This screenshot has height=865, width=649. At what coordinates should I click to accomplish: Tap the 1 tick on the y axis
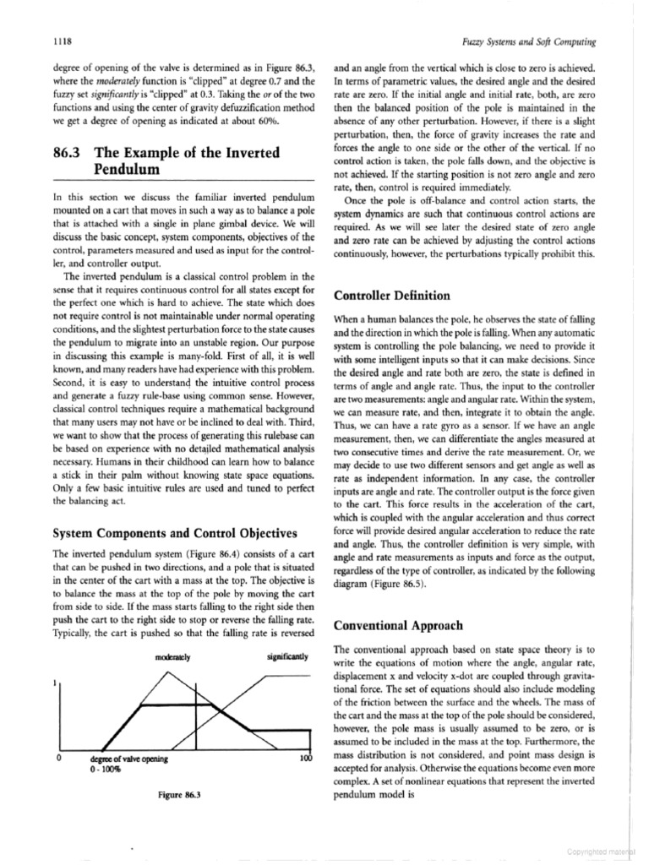[56, 683]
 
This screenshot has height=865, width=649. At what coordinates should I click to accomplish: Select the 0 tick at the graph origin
[57, 757]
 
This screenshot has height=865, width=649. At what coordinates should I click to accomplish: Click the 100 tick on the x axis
[307, 759]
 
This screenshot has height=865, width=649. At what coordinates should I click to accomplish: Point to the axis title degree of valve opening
[128, 759]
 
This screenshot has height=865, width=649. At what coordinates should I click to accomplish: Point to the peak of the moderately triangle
[172, 672]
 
